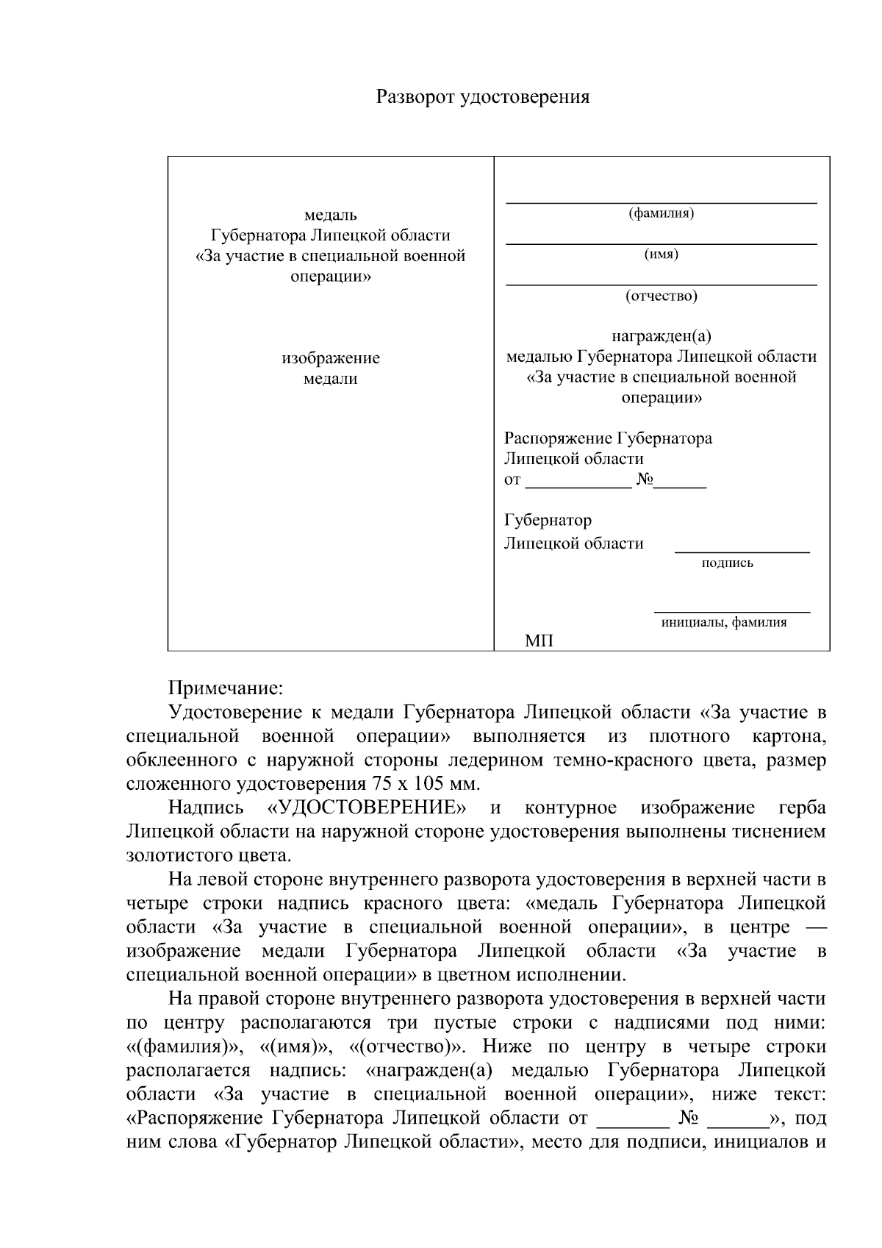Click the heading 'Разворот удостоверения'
click(483, 97)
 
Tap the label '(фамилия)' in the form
click(661, 214)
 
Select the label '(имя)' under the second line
click(661, 254)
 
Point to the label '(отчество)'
click(661, 296)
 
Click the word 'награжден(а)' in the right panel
click(661, 337)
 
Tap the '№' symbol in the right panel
click(645, 479)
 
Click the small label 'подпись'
click(727, 563)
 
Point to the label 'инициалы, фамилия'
click(723, 622)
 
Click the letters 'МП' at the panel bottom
click(539, 641)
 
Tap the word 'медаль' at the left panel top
click(330, 215)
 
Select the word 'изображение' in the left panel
click(330, 359)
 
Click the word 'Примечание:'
click(226, 688)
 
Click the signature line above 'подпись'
click(742, 552)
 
